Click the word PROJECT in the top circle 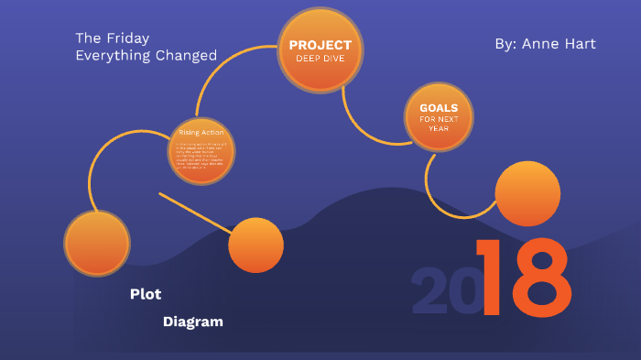click(320, 45)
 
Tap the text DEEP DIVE click(320, 58)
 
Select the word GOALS click(439, 107)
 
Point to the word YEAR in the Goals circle click(439, 128)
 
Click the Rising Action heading click(201, 133)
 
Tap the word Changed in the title click(187, 56)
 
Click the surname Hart click(580, 44)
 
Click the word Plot click(146, 294)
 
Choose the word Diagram click(193, 322)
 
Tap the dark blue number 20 click(443, 291)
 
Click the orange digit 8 click(539, 278)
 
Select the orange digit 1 click(490, 278)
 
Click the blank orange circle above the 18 click(527, 193)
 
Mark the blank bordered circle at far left click(97, 243)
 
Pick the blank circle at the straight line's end click(255, 245)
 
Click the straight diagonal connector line click(194, 212)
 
